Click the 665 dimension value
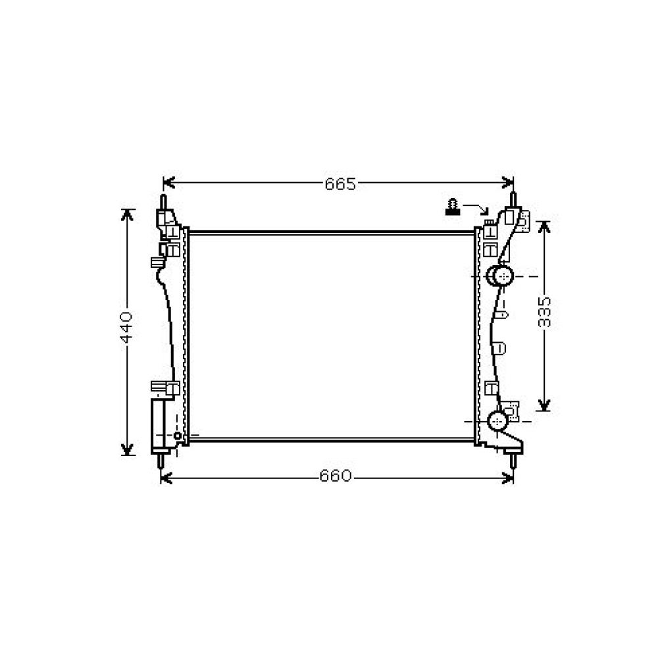(x=340, y=184)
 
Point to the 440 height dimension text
(x=127, y=326)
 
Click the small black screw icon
(x=452, y=207)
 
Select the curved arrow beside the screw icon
(x=478, y=209)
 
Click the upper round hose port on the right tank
(x=501, y=276)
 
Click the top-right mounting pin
(x=513, y=199)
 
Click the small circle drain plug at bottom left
(x=177, y=436)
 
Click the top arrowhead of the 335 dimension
(x=544, y=226)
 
